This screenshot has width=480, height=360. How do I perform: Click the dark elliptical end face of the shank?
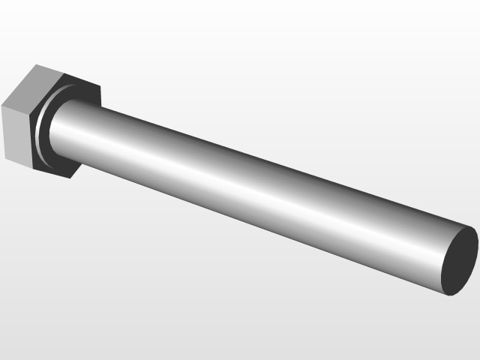[x=459, y=260]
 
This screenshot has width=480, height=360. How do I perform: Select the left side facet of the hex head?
[x=16, y=135]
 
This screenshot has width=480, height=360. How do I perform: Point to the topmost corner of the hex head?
[x=36, y=65]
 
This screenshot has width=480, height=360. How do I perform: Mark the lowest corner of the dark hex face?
[x=70, y=178]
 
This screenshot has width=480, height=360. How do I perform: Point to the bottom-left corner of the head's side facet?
[x=5, y=158]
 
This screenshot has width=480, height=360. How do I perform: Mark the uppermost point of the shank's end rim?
[x=472, y=226]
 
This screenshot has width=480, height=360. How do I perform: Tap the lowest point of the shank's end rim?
[x=446, y=294]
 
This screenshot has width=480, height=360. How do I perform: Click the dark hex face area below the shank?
[x=64, y=166]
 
